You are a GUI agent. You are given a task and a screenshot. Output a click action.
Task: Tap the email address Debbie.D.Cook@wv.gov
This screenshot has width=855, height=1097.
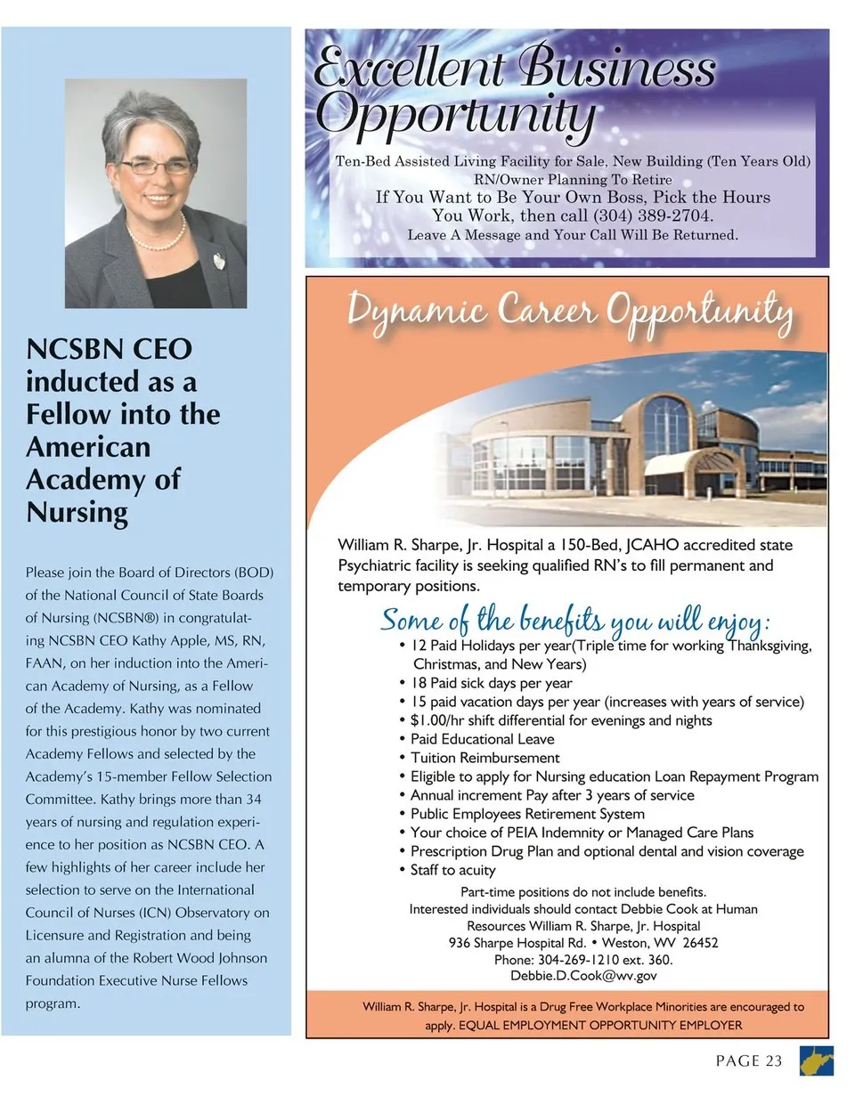pyautogui.click(x=583, y=976)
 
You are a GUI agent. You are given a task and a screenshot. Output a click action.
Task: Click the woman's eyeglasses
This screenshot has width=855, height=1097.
pyautogui.click(x=156, y=166)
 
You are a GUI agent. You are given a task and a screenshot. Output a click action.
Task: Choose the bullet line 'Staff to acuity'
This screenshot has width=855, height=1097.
pyautogui.click(x=452, y=870)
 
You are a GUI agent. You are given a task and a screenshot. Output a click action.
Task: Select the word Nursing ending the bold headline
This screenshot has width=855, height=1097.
pyautogui.click(x=77, y=512)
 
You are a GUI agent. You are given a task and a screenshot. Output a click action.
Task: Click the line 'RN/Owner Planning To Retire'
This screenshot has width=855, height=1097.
pyautogui.click(x=573, y=179)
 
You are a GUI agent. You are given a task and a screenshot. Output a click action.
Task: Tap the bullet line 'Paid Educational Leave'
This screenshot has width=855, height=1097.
pyautogui.click(x=482, y=739)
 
